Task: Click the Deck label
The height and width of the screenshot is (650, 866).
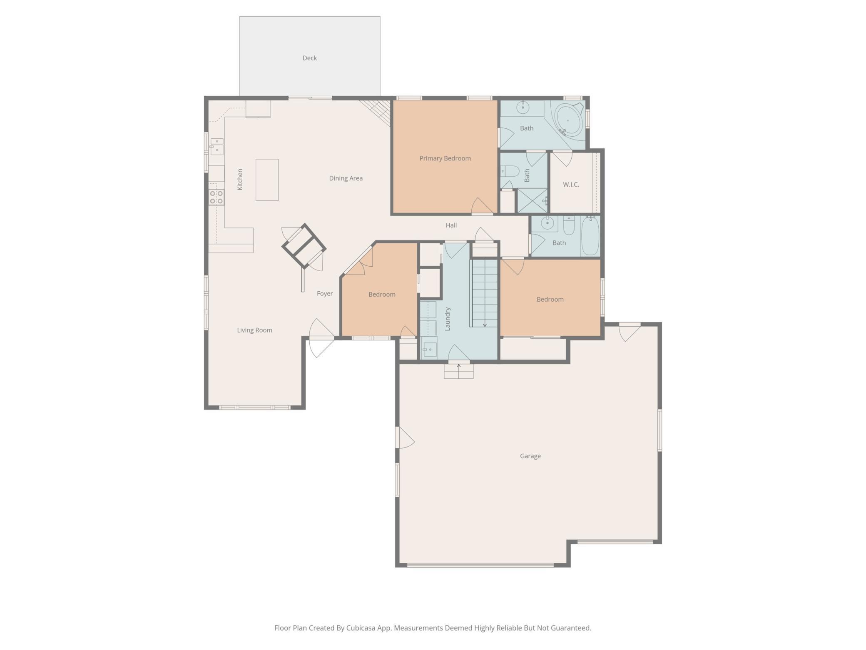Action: pos(309,58)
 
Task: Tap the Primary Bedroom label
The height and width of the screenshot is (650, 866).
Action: pos(445,158)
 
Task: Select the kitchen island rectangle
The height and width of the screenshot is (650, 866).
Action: pos(267,180)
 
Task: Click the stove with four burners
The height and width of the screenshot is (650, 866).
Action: pos(216,197)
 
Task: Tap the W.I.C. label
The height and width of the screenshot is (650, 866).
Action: pos(571,185)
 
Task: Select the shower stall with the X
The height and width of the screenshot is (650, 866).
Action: pos(532,200)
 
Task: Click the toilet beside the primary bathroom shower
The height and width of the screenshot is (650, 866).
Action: pos(510,171)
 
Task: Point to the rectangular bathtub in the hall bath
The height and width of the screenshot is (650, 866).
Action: pos(590,235)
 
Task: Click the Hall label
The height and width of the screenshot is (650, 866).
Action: pos(451,225)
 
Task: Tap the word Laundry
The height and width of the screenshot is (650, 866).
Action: pos(448,319)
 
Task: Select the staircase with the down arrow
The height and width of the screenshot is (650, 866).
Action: pos(484,293)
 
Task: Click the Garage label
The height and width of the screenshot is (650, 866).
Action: pos(530,456)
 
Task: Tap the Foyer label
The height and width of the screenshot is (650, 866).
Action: pos(324,294)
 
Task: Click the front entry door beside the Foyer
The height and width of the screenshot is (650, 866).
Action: pos(321,338)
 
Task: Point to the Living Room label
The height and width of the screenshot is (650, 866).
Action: pos(254,330)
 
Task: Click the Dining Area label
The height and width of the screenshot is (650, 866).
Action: pos(346,178)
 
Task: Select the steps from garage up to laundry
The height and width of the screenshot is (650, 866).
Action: pos(458,370)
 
